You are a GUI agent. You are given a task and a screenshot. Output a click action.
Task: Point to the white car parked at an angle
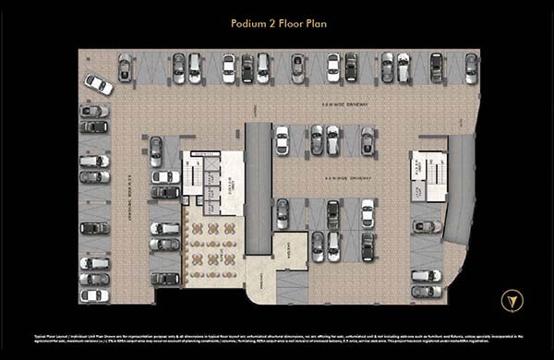click(x=99, y=84)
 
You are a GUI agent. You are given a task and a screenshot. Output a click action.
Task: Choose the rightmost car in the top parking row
click(x=472, y=67)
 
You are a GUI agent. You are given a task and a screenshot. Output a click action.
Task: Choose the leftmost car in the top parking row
click(x=124, y=67)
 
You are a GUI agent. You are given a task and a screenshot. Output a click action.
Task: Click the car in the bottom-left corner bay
click(x=94, y=295)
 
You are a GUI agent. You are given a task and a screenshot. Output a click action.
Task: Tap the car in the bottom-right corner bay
click(x=426, y=292)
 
